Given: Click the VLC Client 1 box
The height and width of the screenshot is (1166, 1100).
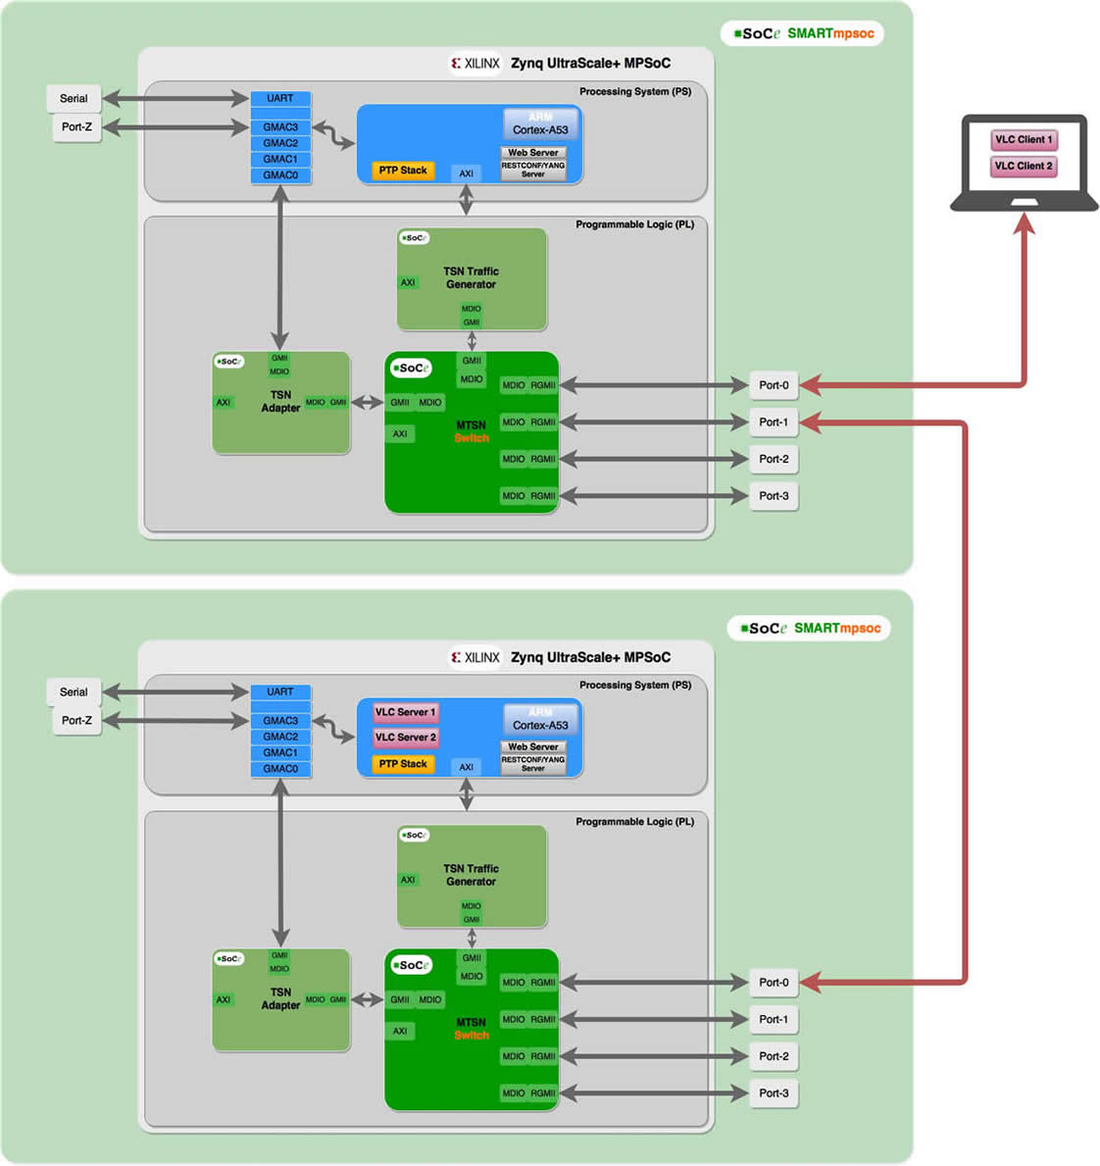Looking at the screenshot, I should point(1024,139).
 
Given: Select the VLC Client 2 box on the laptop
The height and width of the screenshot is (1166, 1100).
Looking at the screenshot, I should point(1024,166).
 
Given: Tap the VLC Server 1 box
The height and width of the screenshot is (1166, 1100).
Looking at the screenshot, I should point(405,712).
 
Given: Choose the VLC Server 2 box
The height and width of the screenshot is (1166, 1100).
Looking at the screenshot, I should point(405,737).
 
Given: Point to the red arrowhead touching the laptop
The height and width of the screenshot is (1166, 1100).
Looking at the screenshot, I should point(1025,224).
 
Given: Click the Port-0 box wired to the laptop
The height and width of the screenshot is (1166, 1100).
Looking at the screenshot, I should point(774,385).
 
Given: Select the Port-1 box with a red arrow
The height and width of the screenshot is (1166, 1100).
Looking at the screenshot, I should point(774,423).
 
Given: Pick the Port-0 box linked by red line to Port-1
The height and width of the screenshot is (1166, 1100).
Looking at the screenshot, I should point(774,983).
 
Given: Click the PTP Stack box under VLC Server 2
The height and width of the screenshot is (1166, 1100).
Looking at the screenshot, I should point(403,764).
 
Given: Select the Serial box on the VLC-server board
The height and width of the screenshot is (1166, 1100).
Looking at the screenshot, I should point(74,692).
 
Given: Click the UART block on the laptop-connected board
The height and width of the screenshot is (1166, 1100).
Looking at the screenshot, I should point(280,98).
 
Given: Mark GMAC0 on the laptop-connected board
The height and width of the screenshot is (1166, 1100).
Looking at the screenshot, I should point(280,176).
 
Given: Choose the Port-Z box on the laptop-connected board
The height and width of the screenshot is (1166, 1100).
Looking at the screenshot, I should point(76,127).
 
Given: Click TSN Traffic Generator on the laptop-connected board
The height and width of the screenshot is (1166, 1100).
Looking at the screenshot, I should point(472,279).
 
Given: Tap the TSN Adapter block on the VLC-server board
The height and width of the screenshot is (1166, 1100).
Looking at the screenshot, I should point(280,998).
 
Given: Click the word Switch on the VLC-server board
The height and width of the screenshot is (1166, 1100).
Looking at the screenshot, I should point(472,1036).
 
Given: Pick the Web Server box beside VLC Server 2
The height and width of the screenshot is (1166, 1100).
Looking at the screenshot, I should point(533,747).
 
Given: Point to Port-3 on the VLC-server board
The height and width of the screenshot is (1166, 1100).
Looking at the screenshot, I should point(774,1093).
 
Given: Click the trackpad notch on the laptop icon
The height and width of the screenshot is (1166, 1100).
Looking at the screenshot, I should point(1025,202).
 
